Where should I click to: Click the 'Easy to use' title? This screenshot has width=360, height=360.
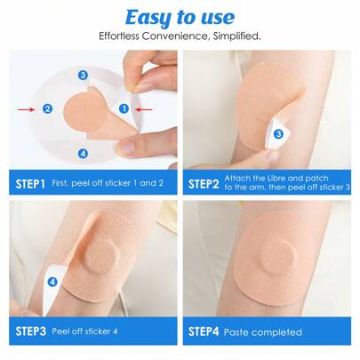point(179,17)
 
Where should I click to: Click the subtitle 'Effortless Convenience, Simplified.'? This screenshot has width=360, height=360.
point(179,37)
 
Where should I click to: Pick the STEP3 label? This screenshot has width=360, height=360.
point(31,332)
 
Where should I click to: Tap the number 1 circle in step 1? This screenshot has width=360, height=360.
point(124,108)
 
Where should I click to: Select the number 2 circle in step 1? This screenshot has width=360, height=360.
point(46,108)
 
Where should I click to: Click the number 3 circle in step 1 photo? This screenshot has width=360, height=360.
point(83,76)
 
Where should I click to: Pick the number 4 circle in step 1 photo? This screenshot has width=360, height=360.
point(83,153)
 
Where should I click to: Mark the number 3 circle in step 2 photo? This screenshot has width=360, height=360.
point(278,133)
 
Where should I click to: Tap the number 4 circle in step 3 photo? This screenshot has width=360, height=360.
point(52,282)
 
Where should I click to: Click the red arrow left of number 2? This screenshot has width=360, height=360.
point(27,108)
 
